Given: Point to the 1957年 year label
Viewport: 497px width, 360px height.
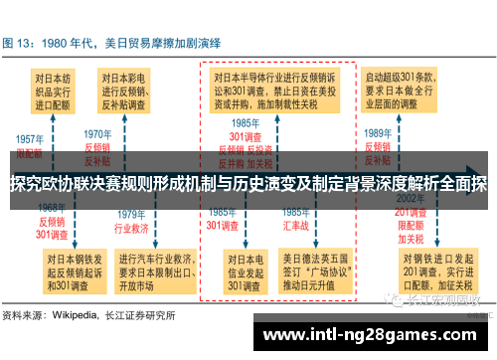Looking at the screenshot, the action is pos(30,139).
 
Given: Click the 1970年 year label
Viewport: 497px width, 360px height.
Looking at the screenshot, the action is pos(96,133).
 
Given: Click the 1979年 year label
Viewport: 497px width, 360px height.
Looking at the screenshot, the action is pos(132,214).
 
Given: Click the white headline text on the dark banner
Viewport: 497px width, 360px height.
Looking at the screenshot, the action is pos(248,183).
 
